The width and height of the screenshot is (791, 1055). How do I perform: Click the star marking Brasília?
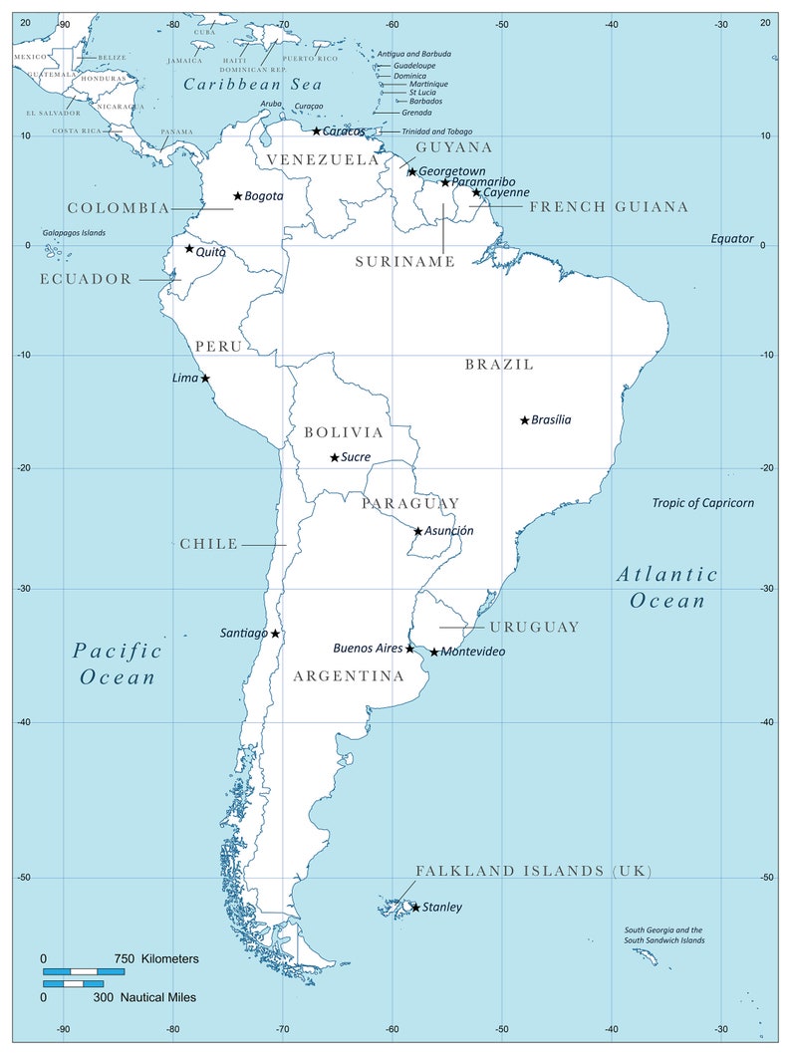click(525, 420)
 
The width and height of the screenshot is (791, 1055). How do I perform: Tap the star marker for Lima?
click(205, 379)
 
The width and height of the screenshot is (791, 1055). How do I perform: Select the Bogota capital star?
click(238, 196)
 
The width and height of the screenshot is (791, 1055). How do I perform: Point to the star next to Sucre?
click(335, 458)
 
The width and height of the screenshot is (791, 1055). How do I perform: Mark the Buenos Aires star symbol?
click(409, 649)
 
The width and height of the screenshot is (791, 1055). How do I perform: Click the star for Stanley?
click(415, 907)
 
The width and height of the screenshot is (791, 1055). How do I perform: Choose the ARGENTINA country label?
click(349, 676)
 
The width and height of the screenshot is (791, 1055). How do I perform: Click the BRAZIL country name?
click(499, 365)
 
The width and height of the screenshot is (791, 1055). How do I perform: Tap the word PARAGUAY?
click(410, 503)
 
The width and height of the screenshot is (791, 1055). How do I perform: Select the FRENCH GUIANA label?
click(609, 207)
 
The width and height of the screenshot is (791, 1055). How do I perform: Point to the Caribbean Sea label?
click(253, 85)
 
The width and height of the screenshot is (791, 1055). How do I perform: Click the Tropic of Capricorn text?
click(702, 503)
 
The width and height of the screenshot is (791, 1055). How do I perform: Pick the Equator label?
click(732, 238)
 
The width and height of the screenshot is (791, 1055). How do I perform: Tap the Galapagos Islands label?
click(74, 233)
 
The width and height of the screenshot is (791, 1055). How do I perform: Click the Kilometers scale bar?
click(84, 970)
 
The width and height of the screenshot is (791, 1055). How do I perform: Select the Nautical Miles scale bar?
click(73, 984)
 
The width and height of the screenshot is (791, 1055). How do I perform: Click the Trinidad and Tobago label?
click(436, 132)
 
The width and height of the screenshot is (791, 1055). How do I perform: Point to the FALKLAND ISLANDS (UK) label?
click(533, 871)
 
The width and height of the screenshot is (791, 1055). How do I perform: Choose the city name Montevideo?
click(473, 652)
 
